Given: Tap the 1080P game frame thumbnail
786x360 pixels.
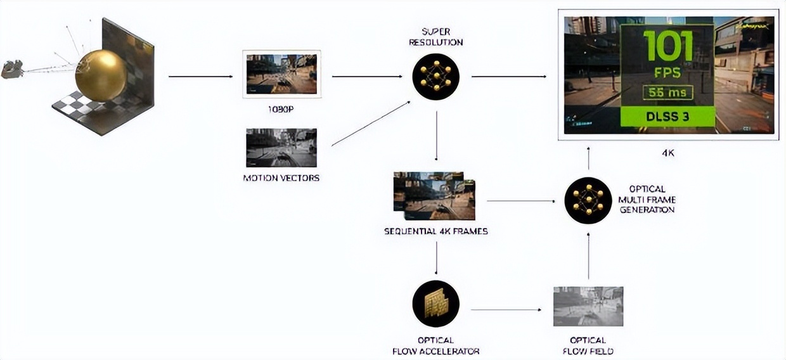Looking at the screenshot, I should tap(281, 74).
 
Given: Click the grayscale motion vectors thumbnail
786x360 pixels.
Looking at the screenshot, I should tap(281, 148).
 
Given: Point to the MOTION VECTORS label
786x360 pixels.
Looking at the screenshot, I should tap(281, 178).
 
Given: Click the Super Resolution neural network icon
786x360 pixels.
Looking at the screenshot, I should tap(435, 77).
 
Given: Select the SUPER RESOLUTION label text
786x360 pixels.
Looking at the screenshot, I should tap(435, 37).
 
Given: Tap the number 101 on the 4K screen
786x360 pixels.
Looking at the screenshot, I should tap(667, 46).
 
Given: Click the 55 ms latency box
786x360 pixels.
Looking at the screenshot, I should tap(667, 93).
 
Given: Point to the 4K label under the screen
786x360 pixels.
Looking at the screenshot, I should tap(667, 153).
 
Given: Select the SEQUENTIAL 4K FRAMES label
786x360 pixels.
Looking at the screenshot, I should tap(436, 231).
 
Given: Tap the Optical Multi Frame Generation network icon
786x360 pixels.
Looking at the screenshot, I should tap(588, 200).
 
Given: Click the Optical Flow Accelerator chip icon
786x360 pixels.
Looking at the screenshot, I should tap(436, 304).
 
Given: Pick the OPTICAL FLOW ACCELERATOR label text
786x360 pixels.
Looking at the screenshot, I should tap(436, 345).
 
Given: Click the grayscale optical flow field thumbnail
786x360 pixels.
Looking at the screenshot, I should tap(588, 306).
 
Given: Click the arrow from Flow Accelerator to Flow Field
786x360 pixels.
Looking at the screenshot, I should tap(506, 310).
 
